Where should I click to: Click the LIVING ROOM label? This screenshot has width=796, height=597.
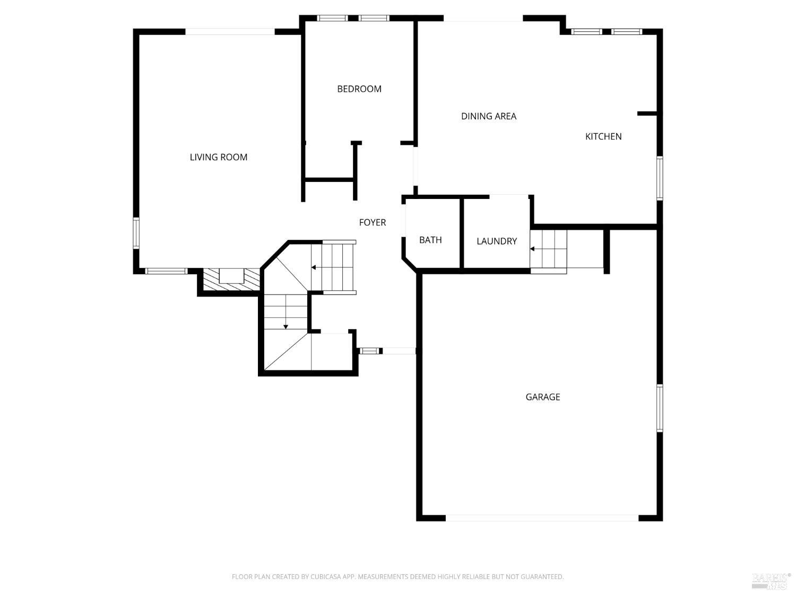pos(219,157)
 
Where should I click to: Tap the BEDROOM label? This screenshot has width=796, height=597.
pos(359,89)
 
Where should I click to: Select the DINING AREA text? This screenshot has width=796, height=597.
pos(488,116)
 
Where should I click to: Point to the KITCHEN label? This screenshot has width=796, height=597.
pos(603,136)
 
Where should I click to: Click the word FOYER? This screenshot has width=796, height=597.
pos(372,222)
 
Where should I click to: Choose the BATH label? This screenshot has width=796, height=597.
pos(430,240)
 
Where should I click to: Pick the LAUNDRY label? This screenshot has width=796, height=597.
pos(496,241)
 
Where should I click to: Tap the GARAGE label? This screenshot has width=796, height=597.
pos(542,397)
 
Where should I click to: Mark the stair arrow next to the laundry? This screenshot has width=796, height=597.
pos(532,248)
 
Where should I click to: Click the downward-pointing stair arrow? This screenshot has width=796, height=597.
pos(285,326)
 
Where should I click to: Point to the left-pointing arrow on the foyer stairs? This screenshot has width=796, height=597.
pos(314,267)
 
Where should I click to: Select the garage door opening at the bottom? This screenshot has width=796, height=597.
pos(541,518)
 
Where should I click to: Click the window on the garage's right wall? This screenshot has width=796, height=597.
pos(660,408)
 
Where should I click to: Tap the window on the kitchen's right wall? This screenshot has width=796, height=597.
pos(660,178)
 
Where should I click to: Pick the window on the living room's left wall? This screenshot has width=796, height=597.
pos(136,233)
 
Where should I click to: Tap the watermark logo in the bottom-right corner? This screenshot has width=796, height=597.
pos(770,581)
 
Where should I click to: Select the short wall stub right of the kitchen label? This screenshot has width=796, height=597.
pos(647,114)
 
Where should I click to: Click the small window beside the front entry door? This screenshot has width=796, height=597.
pos(370,351)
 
